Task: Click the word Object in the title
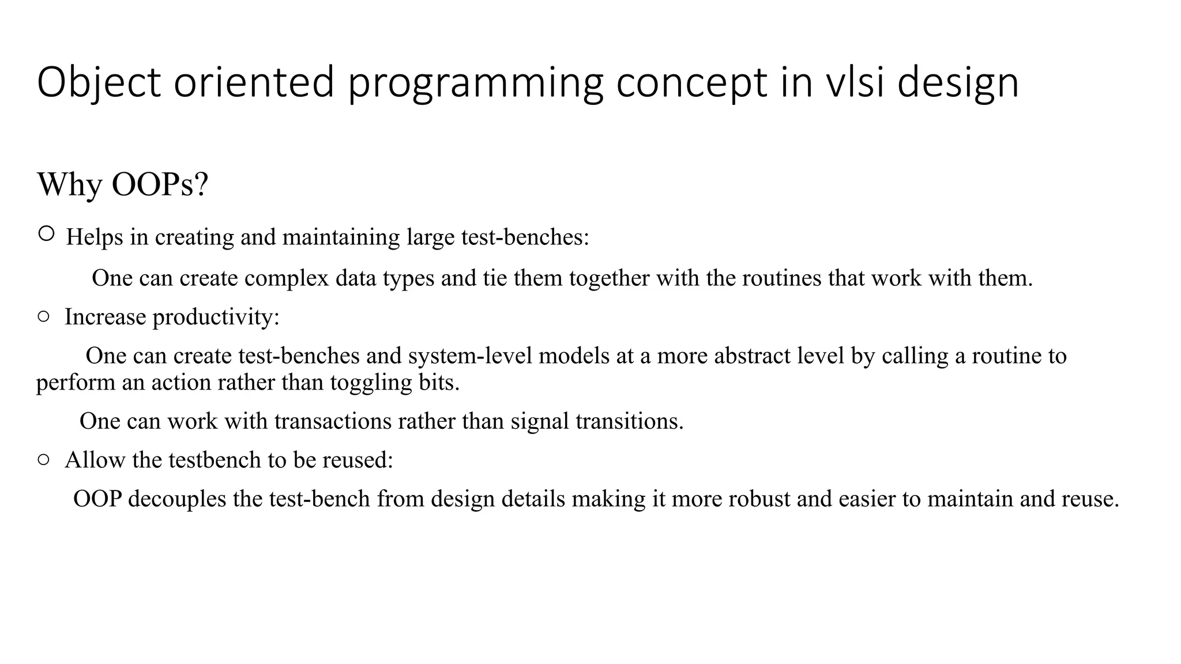[x=98, y=82]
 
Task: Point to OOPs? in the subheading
[x=160, y=184]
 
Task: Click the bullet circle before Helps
[x=46, y=233]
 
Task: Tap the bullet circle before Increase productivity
[x=43, y=316]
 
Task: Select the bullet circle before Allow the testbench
[x=43, y=459]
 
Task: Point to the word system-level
[x=471, y=356]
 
